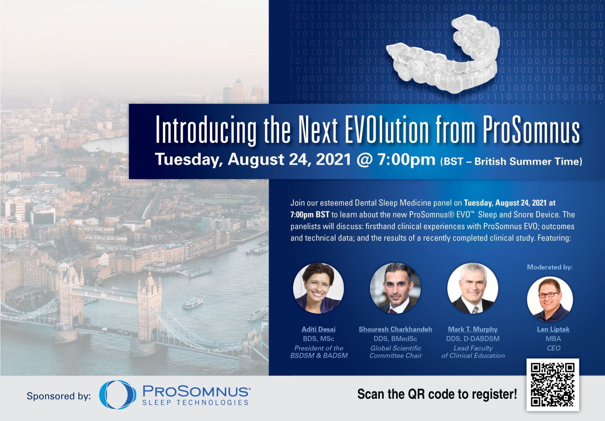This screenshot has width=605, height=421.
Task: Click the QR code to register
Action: coord(553,384)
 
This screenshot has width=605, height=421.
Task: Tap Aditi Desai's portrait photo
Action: coord(319,288)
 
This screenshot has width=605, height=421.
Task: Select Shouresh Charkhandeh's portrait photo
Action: coord(395,288)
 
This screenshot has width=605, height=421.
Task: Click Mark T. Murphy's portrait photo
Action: coord(473,288)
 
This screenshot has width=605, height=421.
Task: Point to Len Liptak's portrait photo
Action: coord(550,299)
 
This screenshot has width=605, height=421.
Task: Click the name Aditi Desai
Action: coord(319,329)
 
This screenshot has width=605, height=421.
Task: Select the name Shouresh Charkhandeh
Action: coord(395,329)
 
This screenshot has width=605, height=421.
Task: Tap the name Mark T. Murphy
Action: coord(473,329)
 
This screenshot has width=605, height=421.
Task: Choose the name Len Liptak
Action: coord(553,329)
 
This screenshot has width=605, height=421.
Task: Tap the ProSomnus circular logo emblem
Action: coord(117,394)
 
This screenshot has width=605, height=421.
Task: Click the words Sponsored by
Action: coord(59,396)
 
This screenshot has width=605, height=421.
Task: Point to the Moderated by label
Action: coord(550,267)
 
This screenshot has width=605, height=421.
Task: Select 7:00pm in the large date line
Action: coord(406,160)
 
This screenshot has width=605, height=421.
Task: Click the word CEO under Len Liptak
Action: coord(553,348)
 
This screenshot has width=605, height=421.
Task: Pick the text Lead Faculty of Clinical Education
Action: coord(473,352)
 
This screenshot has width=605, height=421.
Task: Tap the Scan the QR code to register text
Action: coord(437,394)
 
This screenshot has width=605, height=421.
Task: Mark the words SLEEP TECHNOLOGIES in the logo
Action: coord(196,402)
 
